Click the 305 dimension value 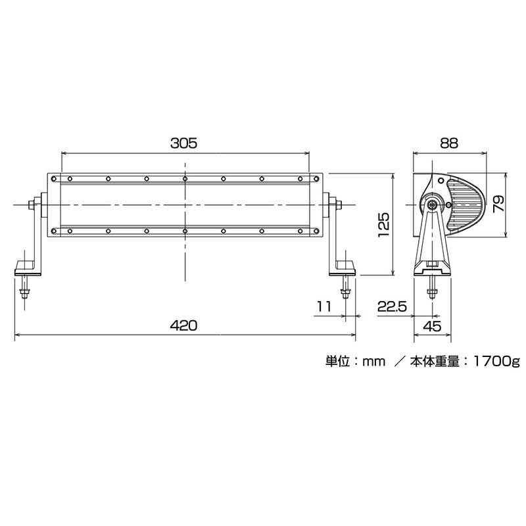(x=185, y=141)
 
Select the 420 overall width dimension (x=185, y=325)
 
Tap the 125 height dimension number (x=385, y=224)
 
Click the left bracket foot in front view (x=26, y=266)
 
